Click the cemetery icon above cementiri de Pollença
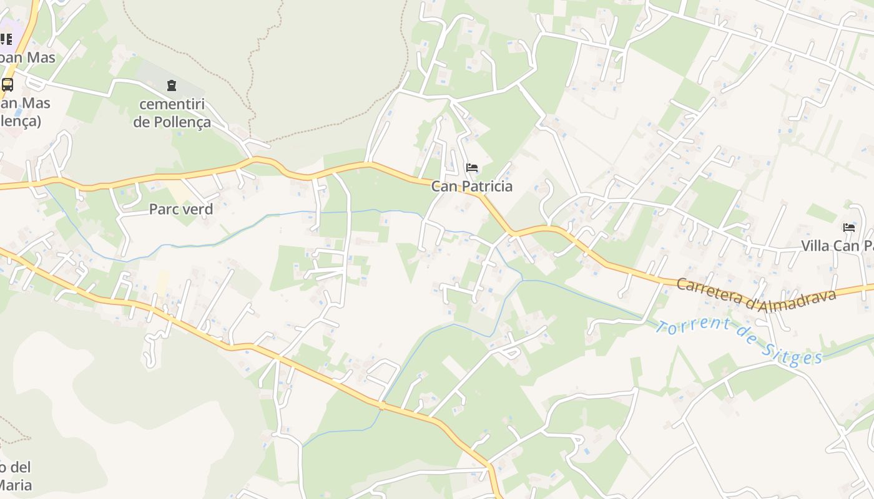click(172, 85)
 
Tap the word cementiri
click(172, 104)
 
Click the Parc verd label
click(180, 209)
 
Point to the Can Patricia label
click(471, 186)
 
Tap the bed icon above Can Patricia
click(472, 168)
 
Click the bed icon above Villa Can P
click(849, 228)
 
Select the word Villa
click(815, 246)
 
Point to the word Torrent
click(694, 326)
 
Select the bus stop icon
click(7, 85)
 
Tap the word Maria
click(15, 485)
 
